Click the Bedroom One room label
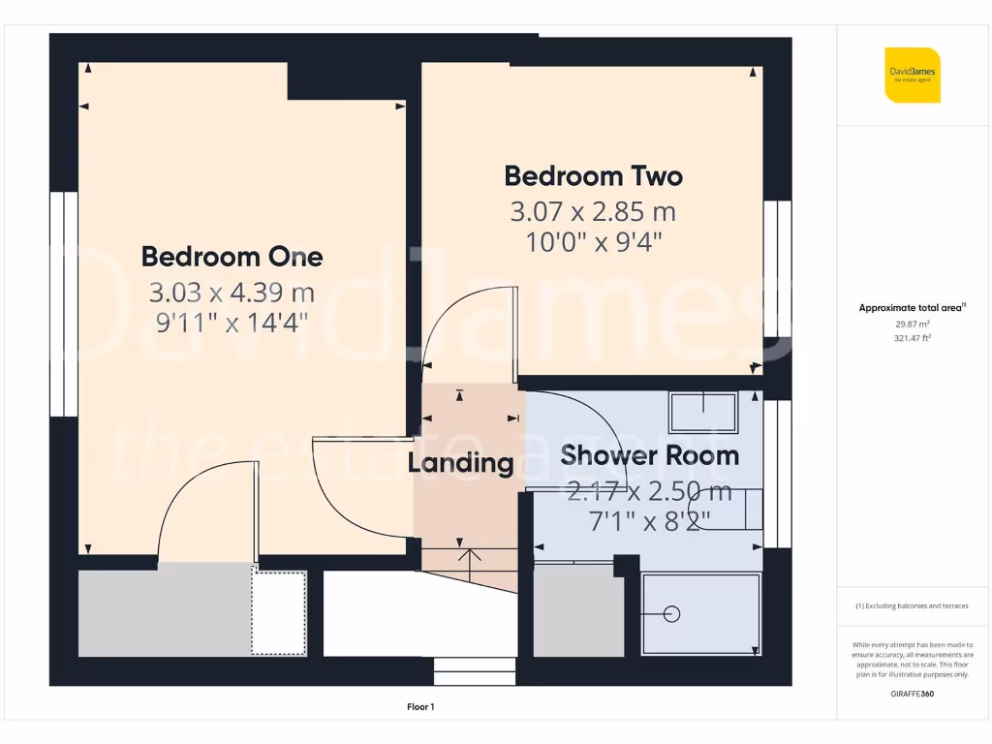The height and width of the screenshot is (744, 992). tap(232, 257)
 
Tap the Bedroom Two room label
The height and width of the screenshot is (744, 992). tap(593, 176)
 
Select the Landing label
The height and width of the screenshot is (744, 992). tap(460, 463)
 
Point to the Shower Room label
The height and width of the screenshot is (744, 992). tap(649, 454)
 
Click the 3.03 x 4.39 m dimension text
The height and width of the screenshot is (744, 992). tap(232, 292)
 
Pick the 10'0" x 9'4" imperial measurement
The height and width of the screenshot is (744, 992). tap(593, 241)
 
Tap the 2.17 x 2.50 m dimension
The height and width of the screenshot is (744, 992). tap(649, 490)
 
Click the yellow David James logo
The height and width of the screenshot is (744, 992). tap(912, 75)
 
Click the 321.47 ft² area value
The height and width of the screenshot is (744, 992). tap(912, 338)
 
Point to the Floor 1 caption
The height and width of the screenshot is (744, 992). tap(419, 707)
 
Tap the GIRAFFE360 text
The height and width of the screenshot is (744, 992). tap(912, 695)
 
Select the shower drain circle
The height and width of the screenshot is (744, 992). tap(673, 614)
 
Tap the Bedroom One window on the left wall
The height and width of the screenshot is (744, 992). tap(63, 303)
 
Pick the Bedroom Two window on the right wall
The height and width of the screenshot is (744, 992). tap(777, 268)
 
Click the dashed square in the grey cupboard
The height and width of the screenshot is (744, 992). tap(279, 612)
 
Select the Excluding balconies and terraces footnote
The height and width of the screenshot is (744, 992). tap(912, 606)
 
